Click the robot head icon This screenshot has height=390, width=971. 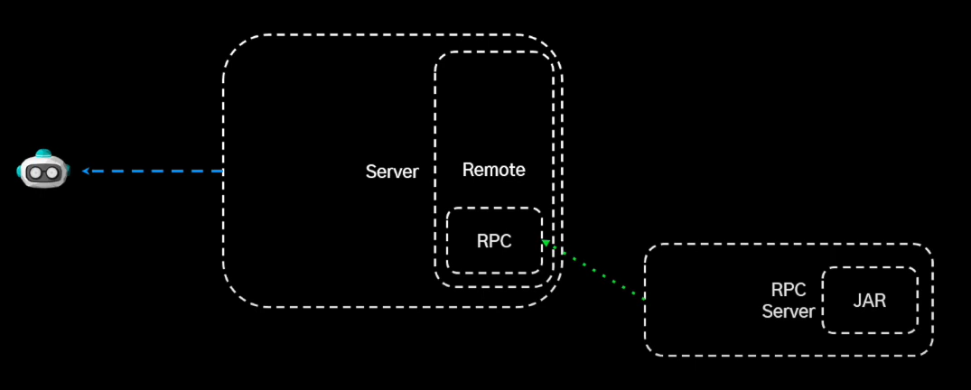(43, 169)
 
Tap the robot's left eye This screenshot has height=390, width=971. (36, 172)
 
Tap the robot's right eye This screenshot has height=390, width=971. (51, 172)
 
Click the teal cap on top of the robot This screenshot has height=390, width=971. (43, 153)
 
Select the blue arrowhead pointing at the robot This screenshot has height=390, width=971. (86, 170)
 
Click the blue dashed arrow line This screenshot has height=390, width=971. (154, 170)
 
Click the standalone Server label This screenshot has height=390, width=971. (392, 172)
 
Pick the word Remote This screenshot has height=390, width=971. (493, 170)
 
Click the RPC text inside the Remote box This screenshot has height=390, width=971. (494, 241)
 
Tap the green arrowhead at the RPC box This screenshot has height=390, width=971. (546, 243)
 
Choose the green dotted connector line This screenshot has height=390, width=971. (596, 270)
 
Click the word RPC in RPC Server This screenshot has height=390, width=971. (788, 291)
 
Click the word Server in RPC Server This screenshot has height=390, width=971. (788, 311)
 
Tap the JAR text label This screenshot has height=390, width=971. (869, 301)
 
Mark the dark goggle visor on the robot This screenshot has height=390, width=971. (43, 172)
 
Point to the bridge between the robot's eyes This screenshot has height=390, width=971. (43, 172)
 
